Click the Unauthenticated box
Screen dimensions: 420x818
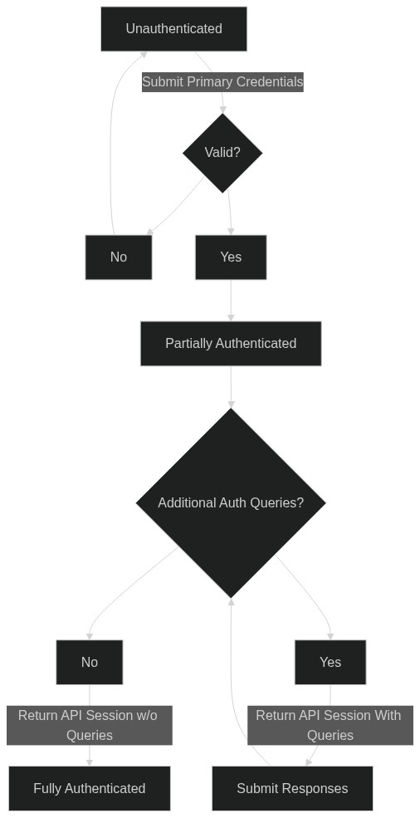[x=173, y=29]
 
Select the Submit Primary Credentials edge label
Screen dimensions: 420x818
[x=222, y=82]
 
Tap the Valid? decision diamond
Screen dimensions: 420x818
[x=222, y=153]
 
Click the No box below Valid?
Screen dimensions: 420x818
[x=119, y=257]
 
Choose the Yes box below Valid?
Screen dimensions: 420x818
[x=231, y=257]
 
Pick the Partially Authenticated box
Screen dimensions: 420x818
[x=231, y=344]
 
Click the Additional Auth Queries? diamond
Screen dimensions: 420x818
[x=231, y=503]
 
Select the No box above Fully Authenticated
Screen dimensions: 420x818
[x=89, y=662]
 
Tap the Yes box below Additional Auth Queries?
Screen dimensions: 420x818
[x=330, y=662]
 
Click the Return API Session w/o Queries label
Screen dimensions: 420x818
[x=89, y=725]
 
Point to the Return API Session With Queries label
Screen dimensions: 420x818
[x=330, y=725]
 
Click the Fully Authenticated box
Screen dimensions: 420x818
[x=89, y=788]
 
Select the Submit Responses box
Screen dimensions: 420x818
[x=292, y=788]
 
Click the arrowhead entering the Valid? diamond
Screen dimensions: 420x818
[x=222, y=110]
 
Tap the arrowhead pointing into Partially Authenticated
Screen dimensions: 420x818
[x=231, y=318]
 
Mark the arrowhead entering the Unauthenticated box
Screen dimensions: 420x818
[x=144, y=54]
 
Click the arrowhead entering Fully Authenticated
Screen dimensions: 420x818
[x=89, y=762]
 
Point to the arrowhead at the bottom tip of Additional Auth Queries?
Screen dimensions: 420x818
[x=231, y=601]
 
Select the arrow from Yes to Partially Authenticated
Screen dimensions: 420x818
[x=231, y=301]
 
